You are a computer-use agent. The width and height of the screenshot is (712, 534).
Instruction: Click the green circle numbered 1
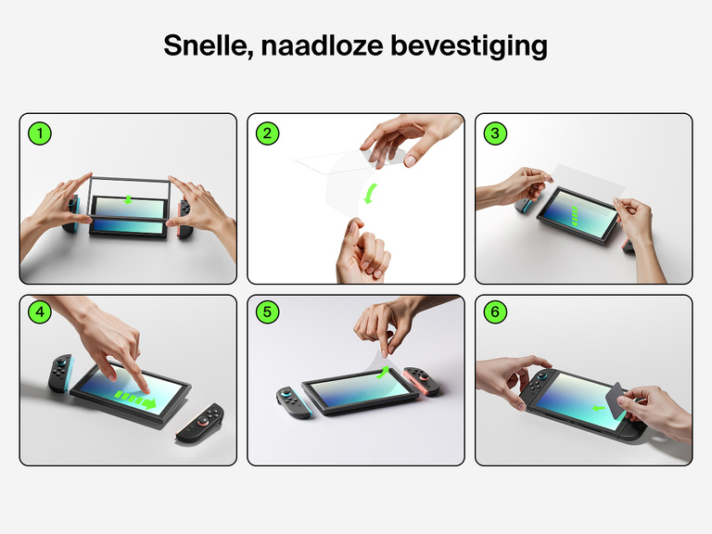(x=39, y=133)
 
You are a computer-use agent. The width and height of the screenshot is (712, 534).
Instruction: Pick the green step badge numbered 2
(x=267, y=133)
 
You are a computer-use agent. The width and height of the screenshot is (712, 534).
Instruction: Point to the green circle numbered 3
(x=495, y=133)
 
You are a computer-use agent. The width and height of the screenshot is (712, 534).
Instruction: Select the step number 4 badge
(x=39, y=312)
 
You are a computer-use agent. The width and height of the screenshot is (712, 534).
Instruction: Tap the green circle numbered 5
(x=267, y=312)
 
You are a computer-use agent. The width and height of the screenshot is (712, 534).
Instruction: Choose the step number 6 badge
(x=495, y=312)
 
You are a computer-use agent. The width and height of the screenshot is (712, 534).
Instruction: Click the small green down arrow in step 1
(x=129, y=199)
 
